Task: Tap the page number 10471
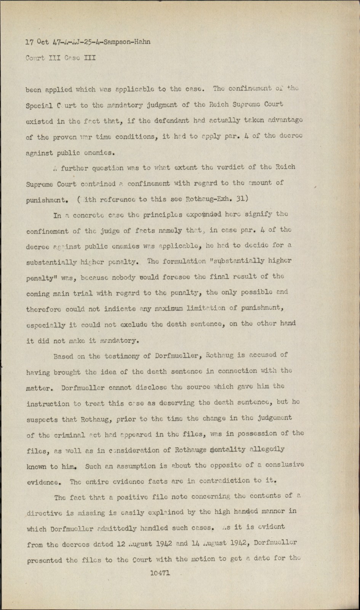coord(160,573)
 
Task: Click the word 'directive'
coord(42,513)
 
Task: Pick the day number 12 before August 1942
coord(122,544)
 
